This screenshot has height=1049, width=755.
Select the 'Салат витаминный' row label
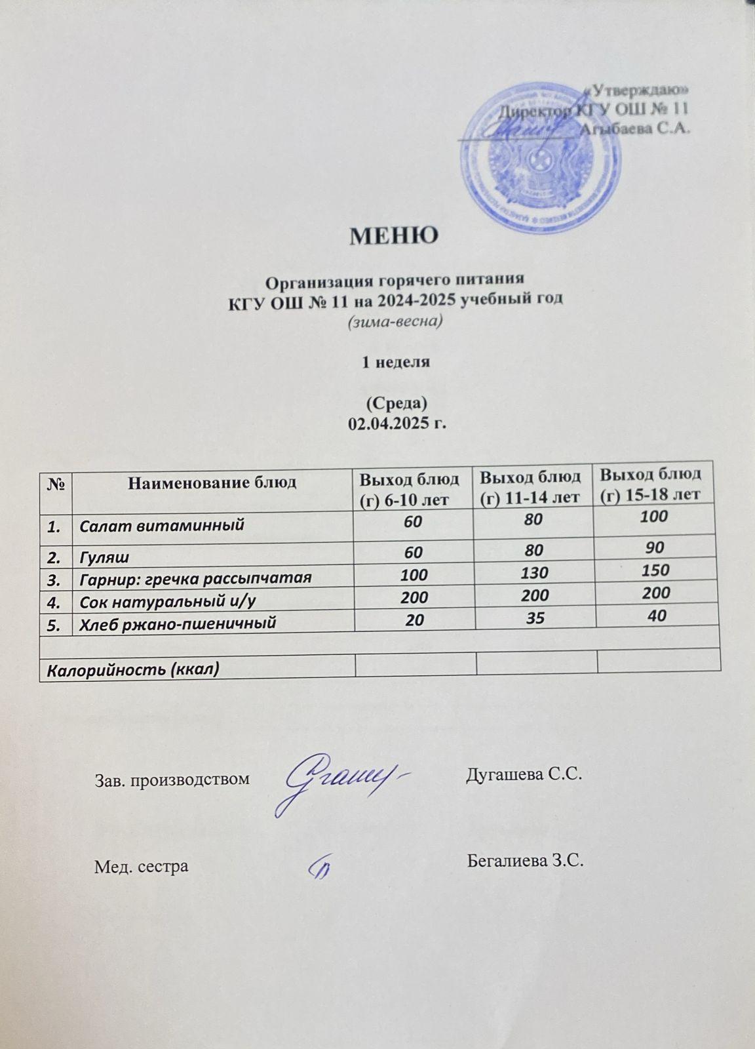162,524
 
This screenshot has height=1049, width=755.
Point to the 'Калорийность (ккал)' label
129,669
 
